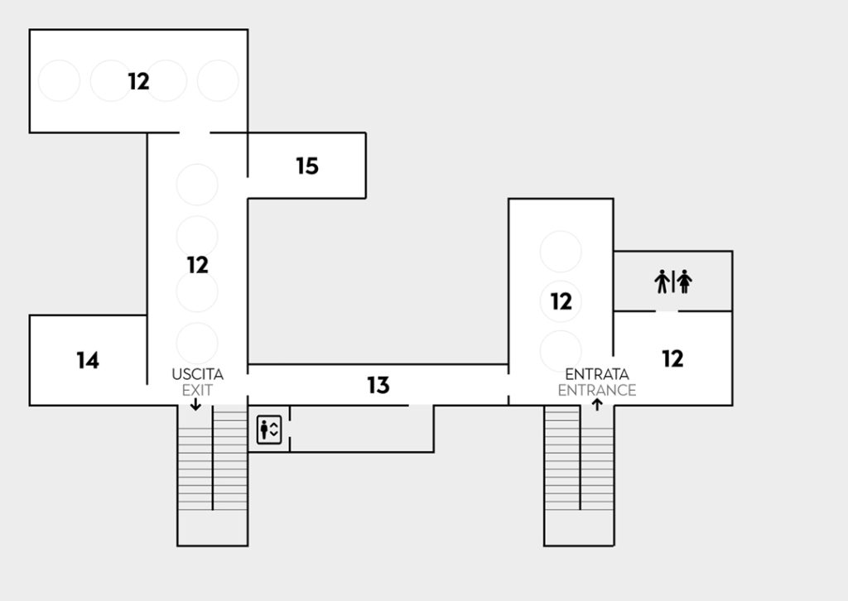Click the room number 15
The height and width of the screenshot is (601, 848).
coord(307,166)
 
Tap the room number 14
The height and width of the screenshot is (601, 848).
coord(88,360)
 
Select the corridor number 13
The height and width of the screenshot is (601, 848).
coord(378,385)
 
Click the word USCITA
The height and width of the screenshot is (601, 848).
coord(197,374)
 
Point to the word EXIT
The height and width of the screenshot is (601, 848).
coord(197,389)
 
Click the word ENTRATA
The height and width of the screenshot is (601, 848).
coord(596,374)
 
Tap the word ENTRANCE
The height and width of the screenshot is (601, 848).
coord(596,390)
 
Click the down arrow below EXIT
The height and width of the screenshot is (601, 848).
coord(195,404)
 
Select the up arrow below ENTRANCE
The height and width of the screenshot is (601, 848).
coord(596,405)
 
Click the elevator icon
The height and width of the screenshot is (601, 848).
coord(269,430)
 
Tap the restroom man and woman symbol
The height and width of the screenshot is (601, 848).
coord(673,282)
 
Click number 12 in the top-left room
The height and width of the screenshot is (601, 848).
coord(138,81)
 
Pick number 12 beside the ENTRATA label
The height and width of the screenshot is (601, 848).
coord(561,301)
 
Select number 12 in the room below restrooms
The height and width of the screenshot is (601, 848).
coord(673,358)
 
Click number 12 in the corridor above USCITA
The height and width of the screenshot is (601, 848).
coord(197,265)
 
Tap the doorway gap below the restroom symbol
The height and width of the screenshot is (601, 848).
coord(667,311)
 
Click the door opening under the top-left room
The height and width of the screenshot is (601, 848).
coord(195,132)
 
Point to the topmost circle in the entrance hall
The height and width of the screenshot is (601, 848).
coord(561,251)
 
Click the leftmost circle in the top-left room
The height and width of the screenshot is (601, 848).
coord(60,81)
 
